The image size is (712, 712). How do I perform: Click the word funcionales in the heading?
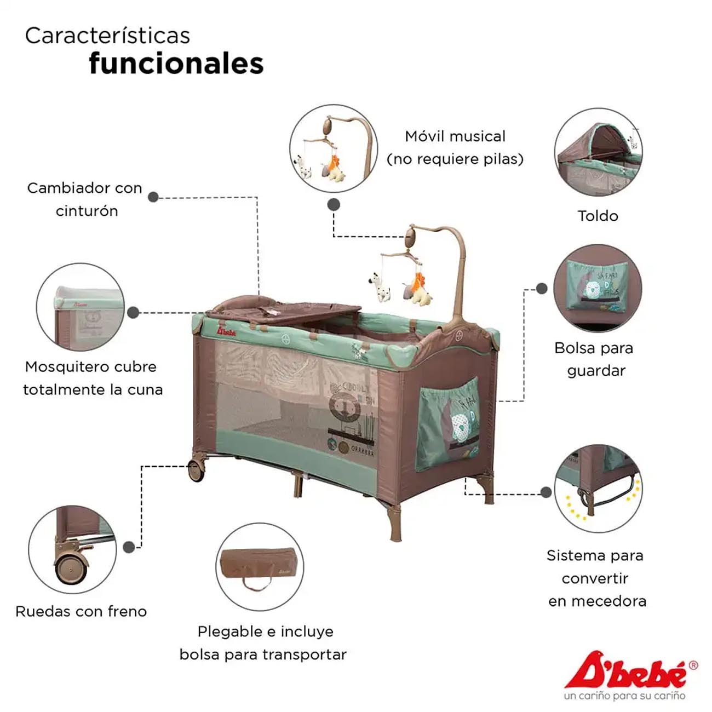coord(176,64)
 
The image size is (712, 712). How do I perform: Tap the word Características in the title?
coord(107,36)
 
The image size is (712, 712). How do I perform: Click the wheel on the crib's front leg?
coord(196,470)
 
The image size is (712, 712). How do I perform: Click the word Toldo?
coord(598,216)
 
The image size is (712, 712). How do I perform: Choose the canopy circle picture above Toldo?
coord(598,152)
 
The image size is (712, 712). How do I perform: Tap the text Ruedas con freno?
coord(81,612)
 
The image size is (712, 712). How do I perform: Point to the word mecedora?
coord(598,601)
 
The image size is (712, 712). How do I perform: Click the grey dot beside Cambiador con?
coord(153,197)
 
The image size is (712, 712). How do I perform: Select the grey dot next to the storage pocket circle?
coord(542,289)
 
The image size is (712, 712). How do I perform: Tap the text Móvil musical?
coord(455,136)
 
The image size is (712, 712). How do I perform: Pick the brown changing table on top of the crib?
coord(284,311)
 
